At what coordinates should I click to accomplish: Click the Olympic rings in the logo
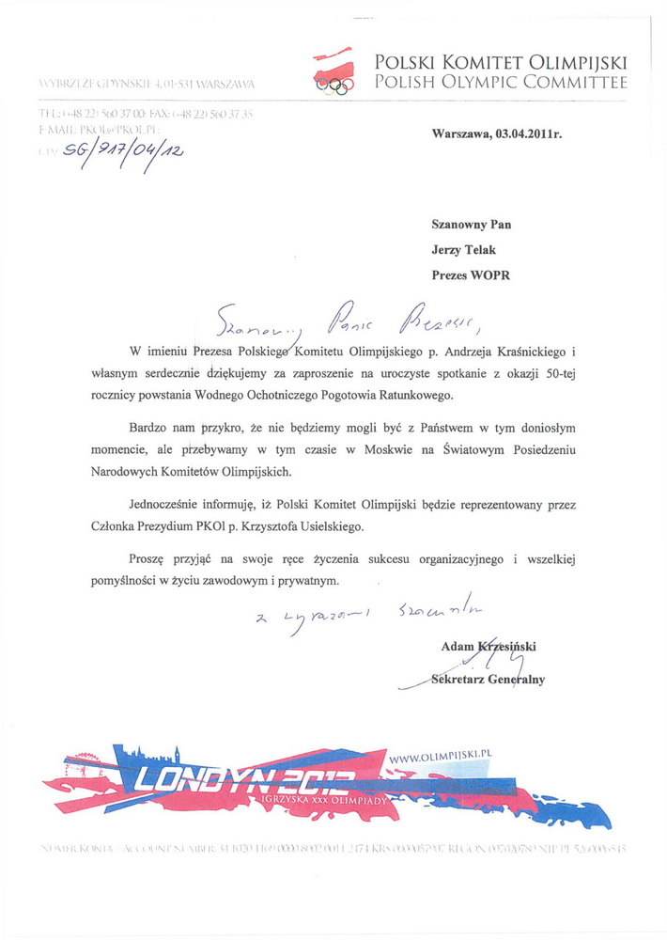click(x=335, y=87)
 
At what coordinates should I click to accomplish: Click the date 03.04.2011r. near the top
click(x=522, y=134)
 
